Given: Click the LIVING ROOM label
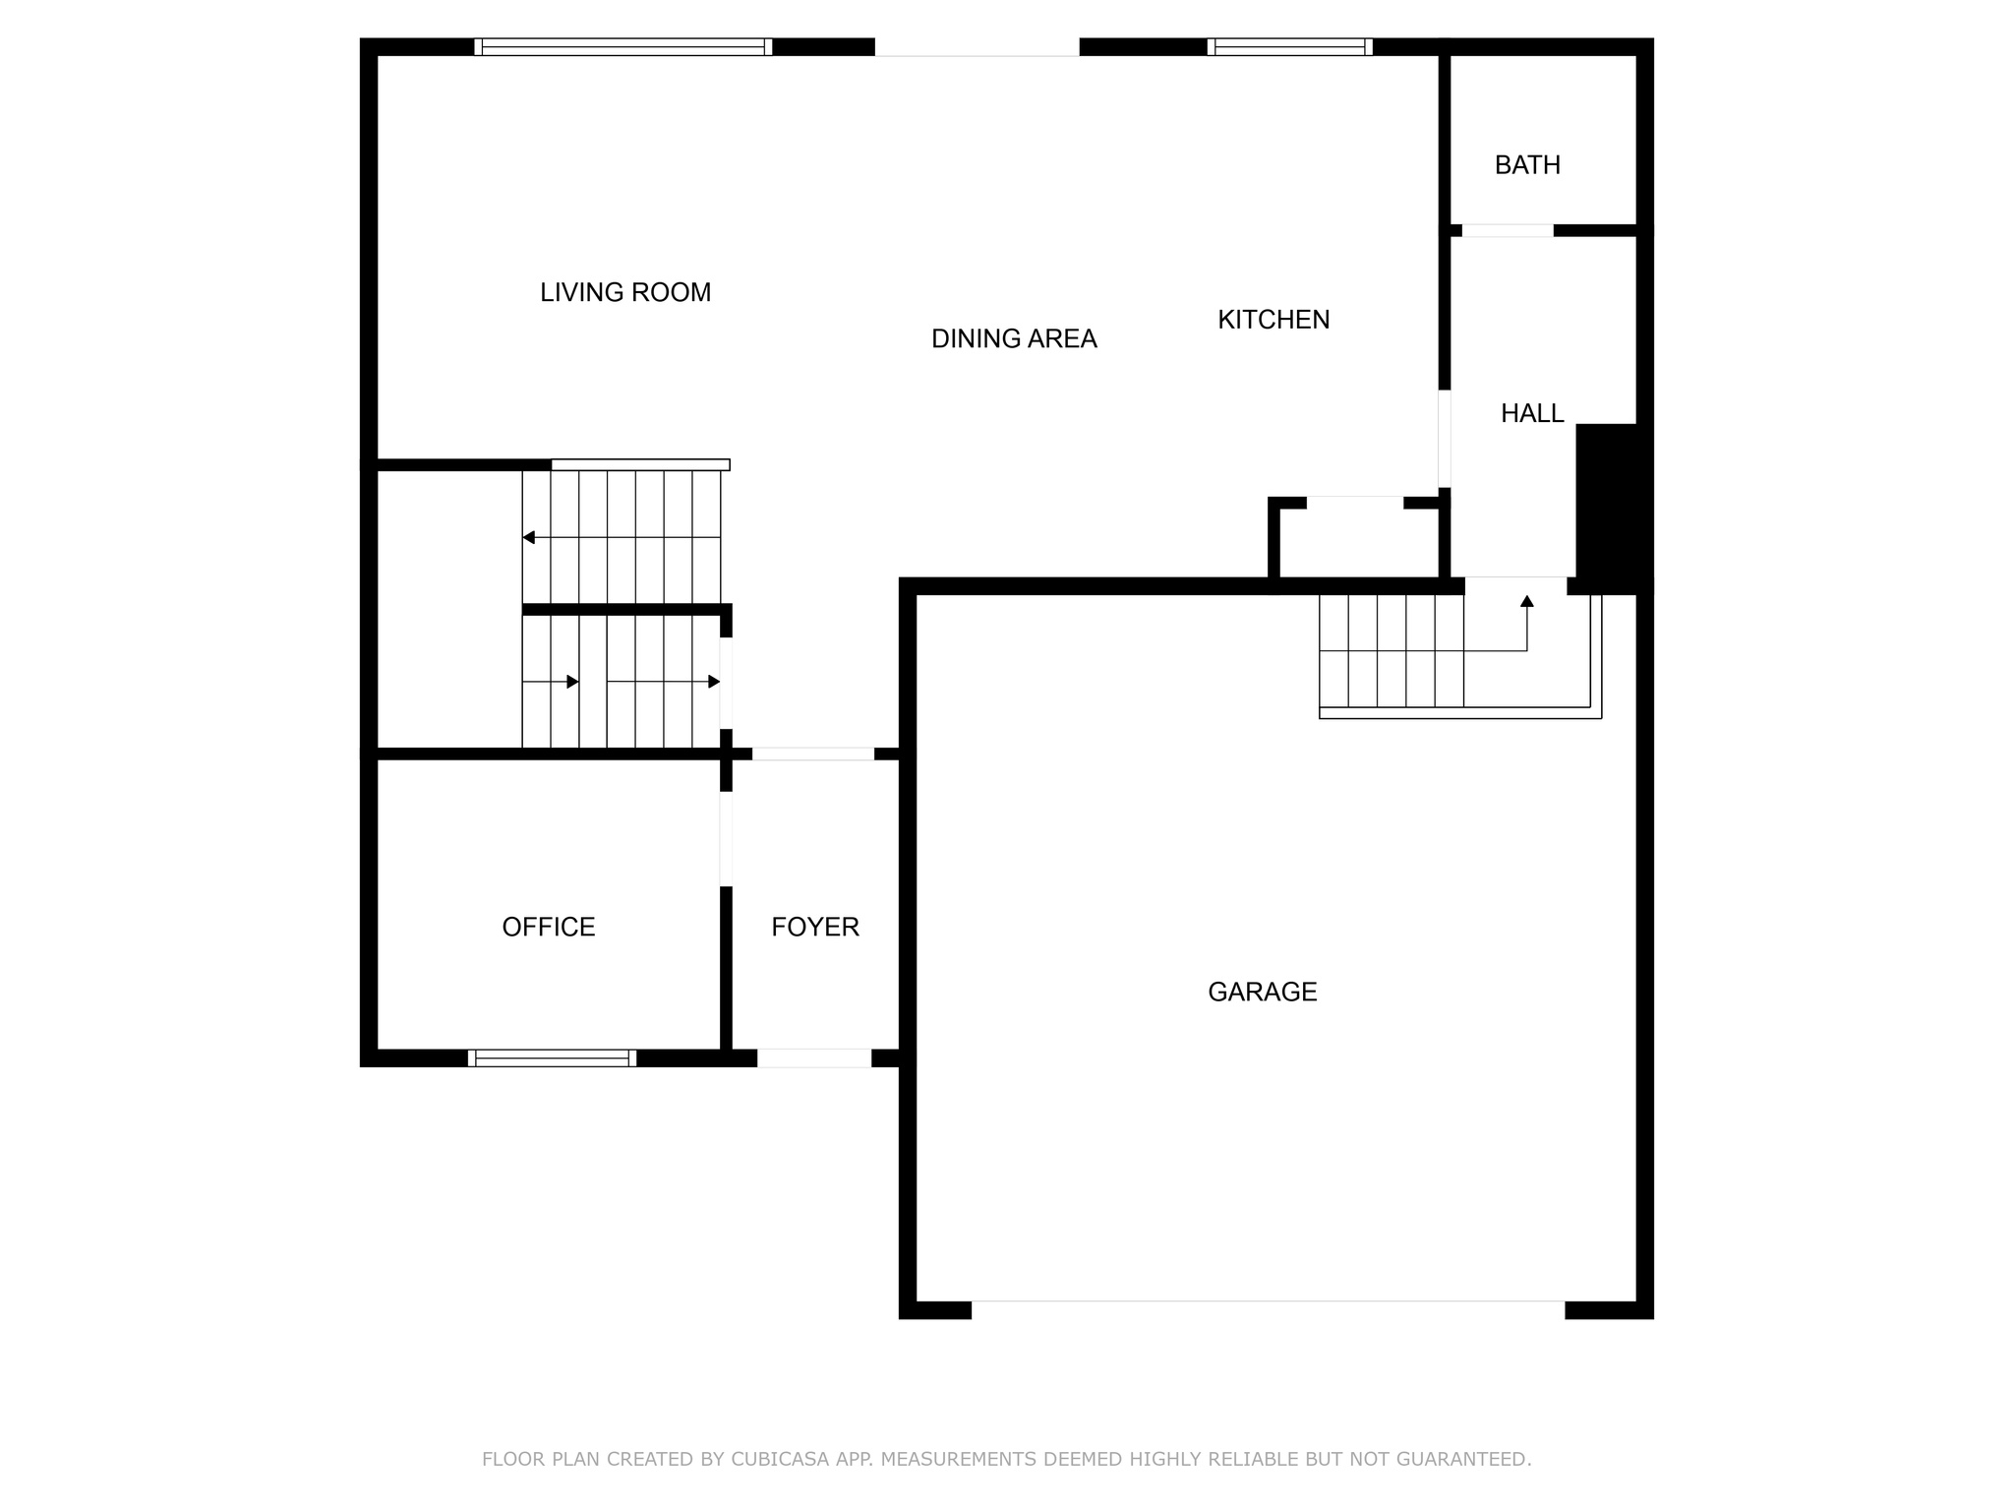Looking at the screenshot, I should [x=625, y=292].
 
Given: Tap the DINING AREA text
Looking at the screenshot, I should [x=1014, y=338].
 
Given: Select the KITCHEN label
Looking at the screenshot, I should [x=1274, y=320].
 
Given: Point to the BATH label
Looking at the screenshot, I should [x=1527, y=165].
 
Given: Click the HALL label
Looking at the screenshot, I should [x=1532, y=414].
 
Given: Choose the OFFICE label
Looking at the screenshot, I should [x=549, y=928].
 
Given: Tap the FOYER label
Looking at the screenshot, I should [x=815, y=928].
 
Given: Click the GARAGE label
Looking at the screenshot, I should [x=1263, y=992].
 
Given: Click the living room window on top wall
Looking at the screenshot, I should [x=622, y=47].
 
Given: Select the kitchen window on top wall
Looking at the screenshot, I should [x=1289, y=47].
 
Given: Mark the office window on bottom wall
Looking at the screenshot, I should [x=552, y=1058].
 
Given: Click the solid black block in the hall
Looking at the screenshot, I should [x=1607, y=507].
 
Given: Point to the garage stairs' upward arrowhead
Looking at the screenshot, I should [x=1527, y=601].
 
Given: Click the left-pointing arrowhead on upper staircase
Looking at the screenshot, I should [x=529, y=537].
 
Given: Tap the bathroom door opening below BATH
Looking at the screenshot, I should [x=1508, y=231].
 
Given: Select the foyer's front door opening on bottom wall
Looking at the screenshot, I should [x=814, y=1058].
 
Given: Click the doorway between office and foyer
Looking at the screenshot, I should [x=727, y=839].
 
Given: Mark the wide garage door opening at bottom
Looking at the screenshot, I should [x=1268, y=1309].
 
